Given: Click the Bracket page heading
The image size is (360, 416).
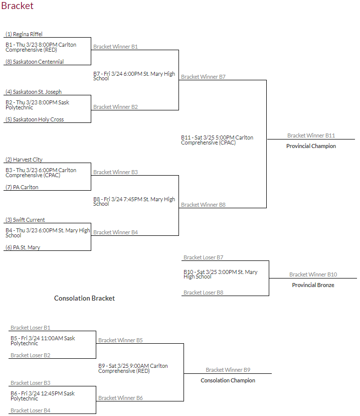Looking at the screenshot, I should pos(18,6).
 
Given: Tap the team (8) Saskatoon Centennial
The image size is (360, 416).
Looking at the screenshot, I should pos(35,62).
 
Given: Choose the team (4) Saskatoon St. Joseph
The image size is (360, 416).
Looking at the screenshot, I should pos(34,92).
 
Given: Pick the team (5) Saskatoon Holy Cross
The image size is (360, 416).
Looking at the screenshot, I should pos(35,119).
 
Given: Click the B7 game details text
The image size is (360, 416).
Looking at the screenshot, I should pos(134,76).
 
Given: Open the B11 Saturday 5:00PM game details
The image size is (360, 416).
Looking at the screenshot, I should pos(217,140).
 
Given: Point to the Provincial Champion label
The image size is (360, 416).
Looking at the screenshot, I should pos(311,146).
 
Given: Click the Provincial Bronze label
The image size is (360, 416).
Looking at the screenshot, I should pos(313,285).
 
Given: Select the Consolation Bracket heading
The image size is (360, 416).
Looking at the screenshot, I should pos(84,298).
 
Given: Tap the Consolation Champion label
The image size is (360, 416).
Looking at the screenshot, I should pos(228,380).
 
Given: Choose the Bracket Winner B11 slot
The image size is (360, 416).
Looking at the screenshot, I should pos(311,135).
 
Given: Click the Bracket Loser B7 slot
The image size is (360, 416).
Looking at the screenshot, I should pos(203,257).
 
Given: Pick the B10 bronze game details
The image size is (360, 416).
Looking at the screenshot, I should pos(220,274).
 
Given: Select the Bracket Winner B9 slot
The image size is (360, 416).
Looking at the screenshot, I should pos(228,370).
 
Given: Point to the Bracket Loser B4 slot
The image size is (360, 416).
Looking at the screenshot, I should pos(30,410).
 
